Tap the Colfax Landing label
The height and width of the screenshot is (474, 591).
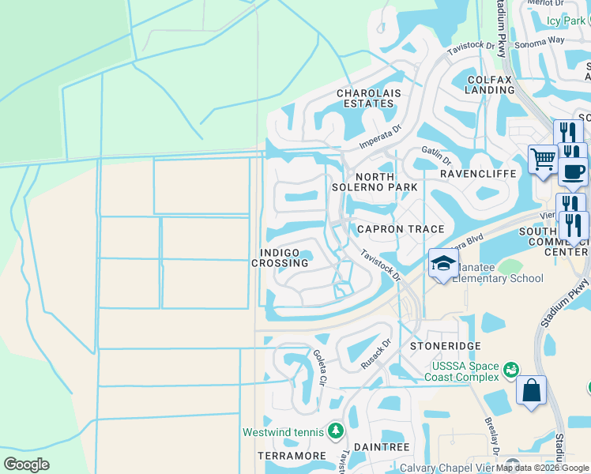490,85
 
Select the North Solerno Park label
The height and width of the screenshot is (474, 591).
386,182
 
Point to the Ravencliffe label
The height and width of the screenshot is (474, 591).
478,173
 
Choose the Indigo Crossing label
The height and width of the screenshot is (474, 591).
280,258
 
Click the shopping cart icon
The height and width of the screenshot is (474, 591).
543,159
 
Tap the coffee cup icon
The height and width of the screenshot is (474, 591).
573,171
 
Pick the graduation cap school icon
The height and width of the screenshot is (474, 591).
443,263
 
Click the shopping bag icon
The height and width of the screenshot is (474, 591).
532,390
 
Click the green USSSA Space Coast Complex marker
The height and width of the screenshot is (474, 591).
510,369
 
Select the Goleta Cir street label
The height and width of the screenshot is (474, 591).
319,367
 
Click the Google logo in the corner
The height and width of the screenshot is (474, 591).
26,465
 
